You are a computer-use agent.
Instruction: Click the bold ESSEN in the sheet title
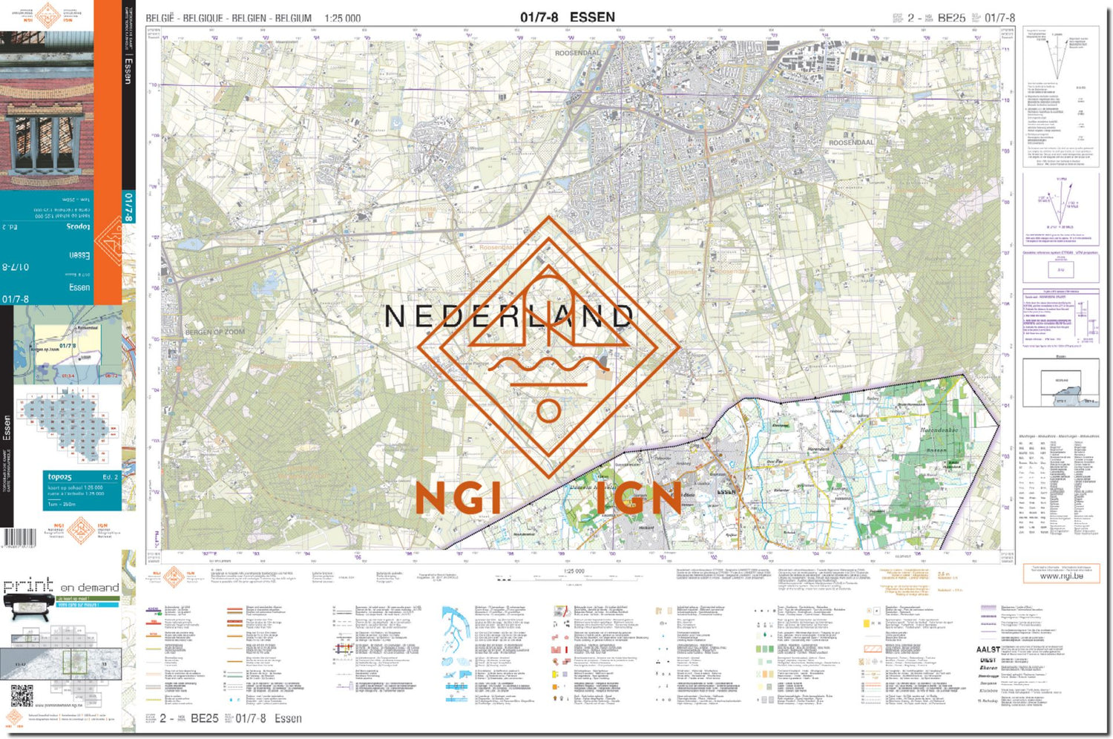click(592, 17)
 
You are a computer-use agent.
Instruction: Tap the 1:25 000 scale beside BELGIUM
click(342, 18)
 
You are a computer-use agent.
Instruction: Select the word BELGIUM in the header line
click(293, 18)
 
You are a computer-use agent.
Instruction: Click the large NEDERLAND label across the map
click(509, 317)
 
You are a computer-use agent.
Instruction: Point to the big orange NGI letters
click(458, 498)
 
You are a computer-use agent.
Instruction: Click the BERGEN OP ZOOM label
click(214, 332)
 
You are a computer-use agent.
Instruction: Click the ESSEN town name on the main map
click(726, 491)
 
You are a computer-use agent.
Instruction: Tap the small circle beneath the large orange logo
click(548, 411)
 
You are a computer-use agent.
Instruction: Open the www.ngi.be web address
click(1061, 576)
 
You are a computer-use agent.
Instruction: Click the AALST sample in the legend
click(988, 649)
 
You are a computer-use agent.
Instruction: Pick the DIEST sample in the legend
click(988, 660)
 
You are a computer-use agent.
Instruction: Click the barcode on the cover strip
click(19, 538)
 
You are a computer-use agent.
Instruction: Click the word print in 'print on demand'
click(28, 586)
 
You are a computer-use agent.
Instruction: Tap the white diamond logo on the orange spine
click(109, 242)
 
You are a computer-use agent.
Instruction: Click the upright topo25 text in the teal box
click(60, 476)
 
